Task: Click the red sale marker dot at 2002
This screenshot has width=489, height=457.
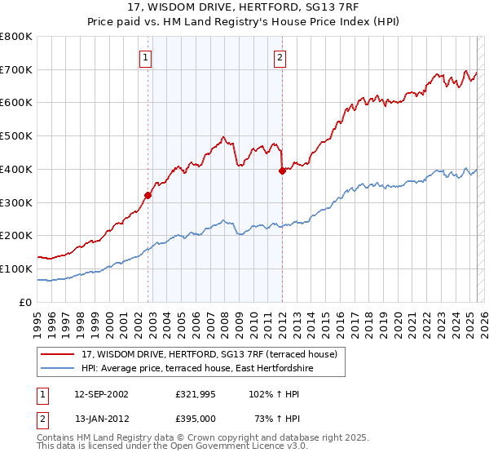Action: point(148,195)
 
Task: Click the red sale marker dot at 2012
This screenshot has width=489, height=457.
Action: point(282,171)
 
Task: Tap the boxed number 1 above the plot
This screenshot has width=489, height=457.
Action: point(145,57)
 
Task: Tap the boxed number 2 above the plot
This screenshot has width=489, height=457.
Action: point(280,57)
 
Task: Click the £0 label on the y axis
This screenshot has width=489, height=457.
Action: point(24,302)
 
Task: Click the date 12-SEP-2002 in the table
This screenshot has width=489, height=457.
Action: point(101,393)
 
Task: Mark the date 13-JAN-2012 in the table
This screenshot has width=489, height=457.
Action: point(101,418)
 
